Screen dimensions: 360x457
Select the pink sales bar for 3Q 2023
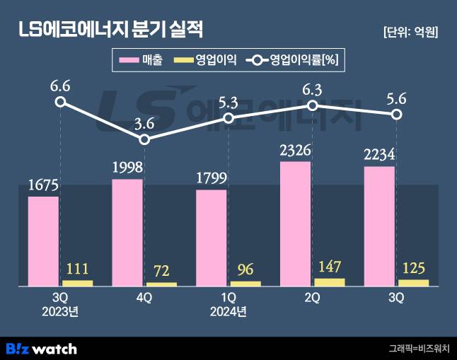(43, 240)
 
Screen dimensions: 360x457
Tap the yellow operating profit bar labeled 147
(329, 281)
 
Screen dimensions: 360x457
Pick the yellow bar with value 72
(161, 284)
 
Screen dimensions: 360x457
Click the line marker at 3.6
(144, 139)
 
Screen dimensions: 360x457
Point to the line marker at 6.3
(313, 105)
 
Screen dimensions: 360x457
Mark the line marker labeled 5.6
(397, 115)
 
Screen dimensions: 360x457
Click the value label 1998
(127, 168)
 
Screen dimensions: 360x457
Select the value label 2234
(379, 156)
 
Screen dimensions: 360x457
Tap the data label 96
(245, 269)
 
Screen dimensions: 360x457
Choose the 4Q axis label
(144, 298)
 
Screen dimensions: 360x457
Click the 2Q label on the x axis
(313, 298)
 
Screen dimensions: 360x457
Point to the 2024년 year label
(228, 311)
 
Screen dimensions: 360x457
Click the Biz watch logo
(41, 348)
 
